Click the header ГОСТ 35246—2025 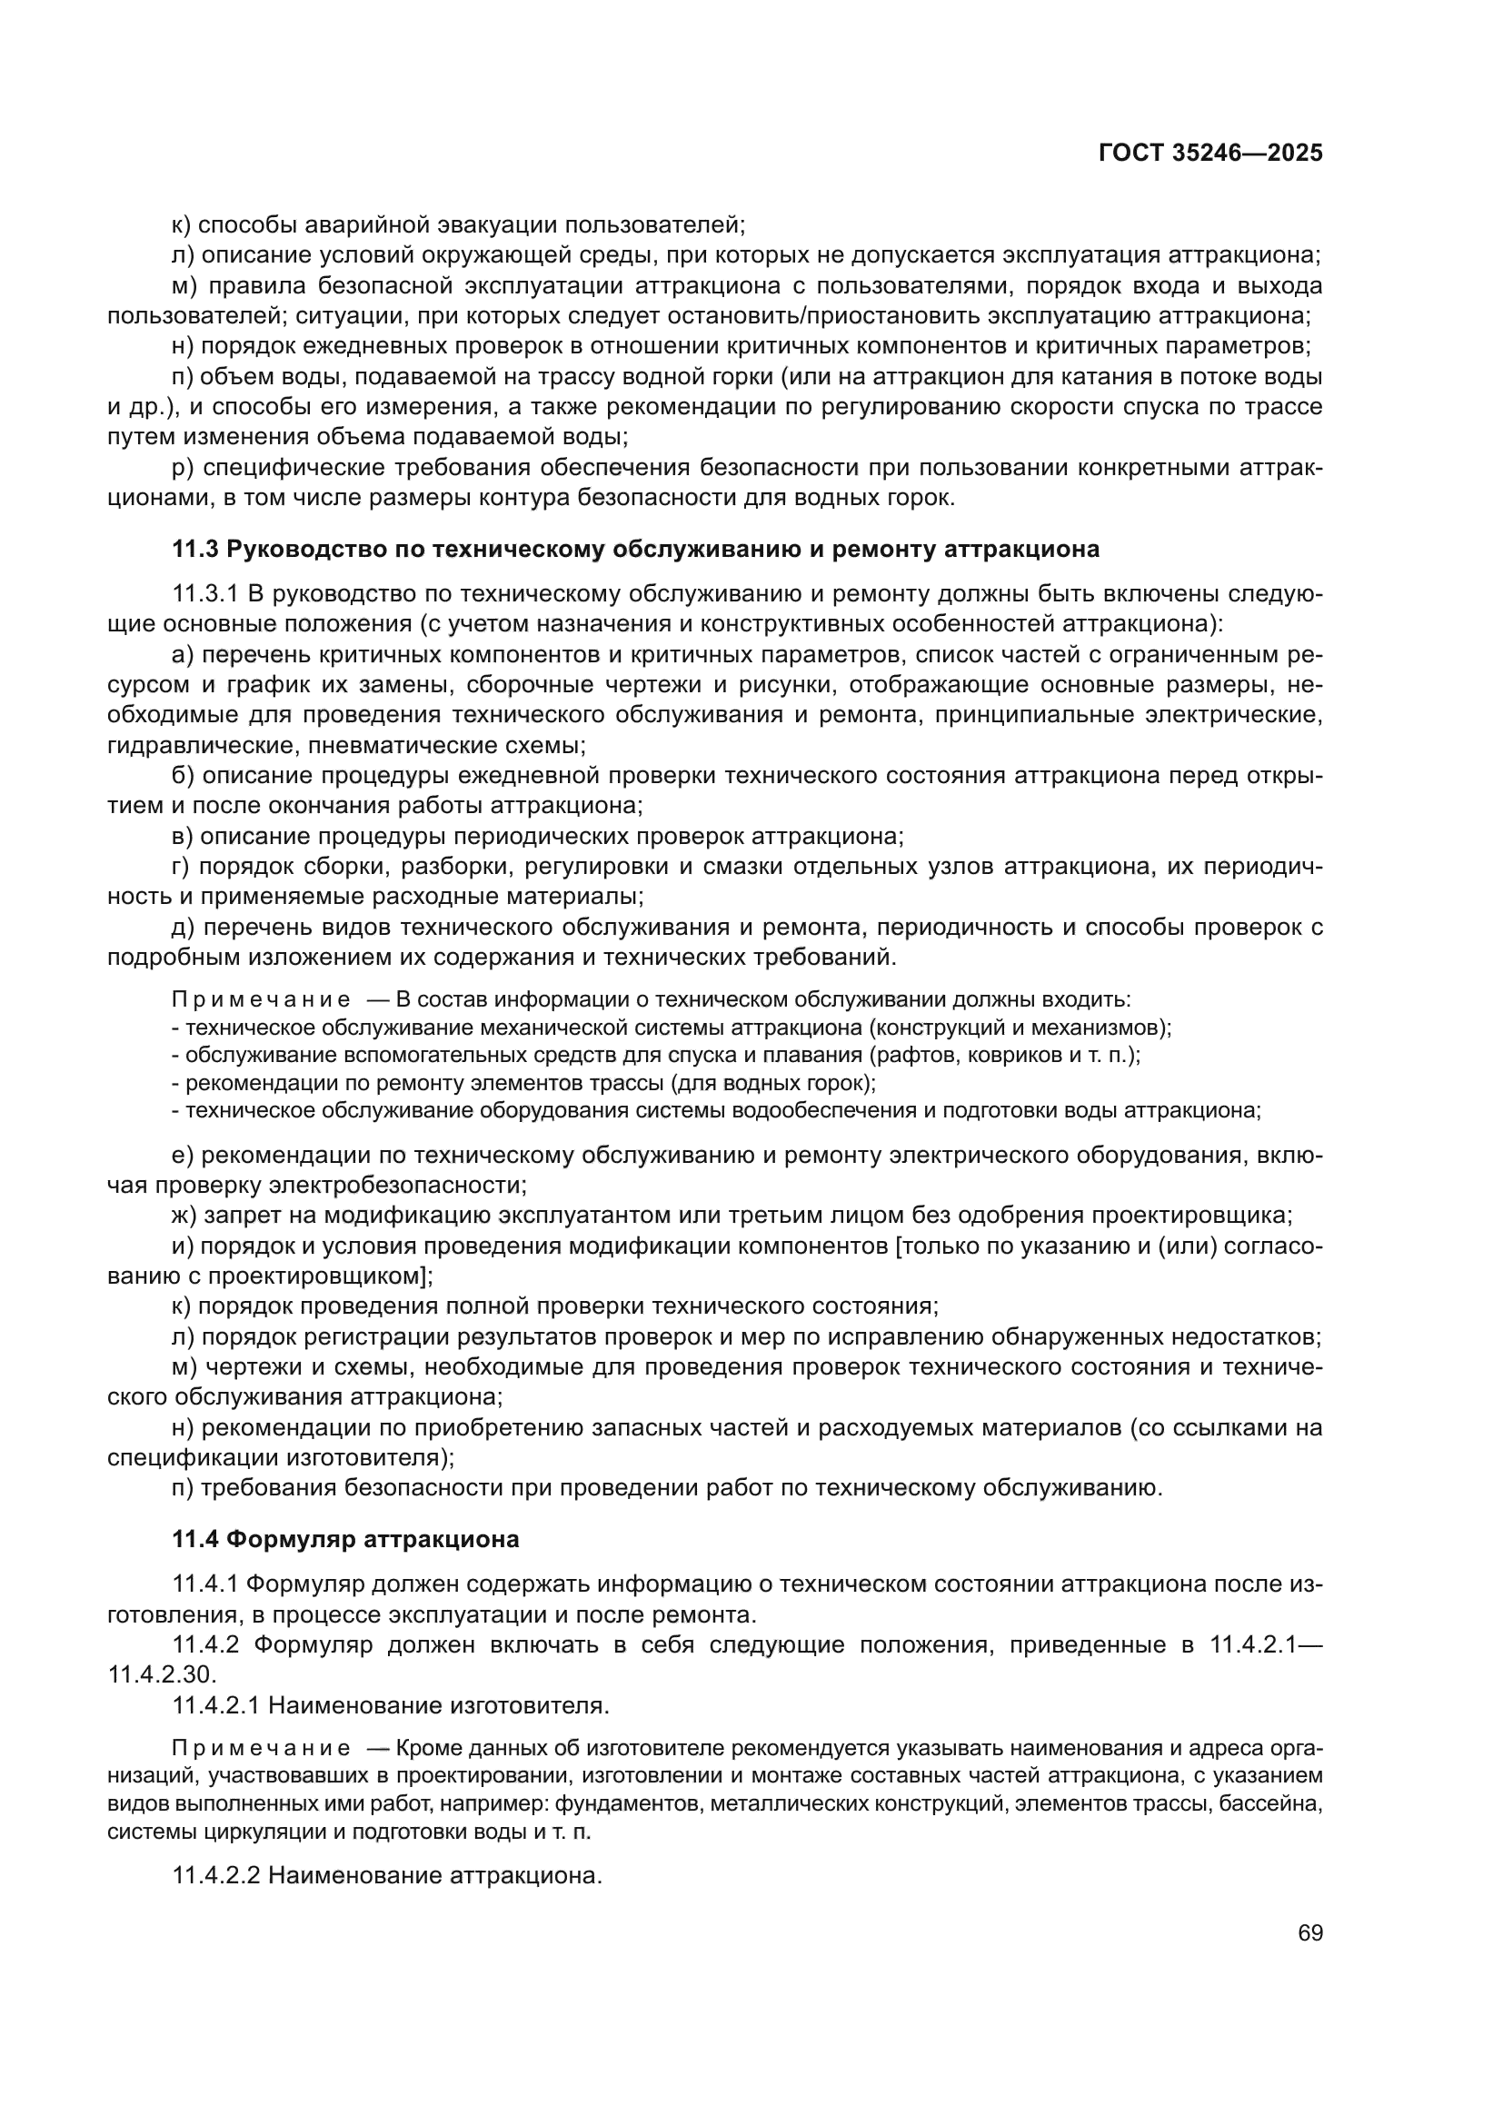click(1209, 154)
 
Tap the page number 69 click(1309, 1933)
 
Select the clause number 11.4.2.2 click(217, 1876)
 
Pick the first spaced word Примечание click(261, 999)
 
